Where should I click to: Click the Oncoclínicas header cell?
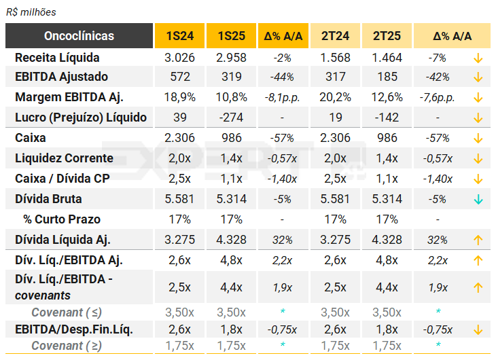pyautogui.click(x=79, y=35)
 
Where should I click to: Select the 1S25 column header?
pyautogui.click(x=231, y=35)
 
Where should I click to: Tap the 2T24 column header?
pyautogui.click(x=336, y=35)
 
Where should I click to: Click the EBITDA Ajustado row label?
pyautogui.click(x=61, y=77)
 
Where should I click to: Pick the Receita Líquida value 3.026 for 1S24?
pyautogui.click(x=178, y=58)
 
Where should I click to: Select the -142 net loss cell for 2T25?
pyautogui.click(x=387, y=118)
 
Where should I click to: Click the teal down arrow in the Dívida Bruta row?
pyautogui.click(x=478, y=199)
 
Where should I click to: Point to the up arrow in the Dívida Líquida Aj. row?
pyautogui.click(x=478, y=240)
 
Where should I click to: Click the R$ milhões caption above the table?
pyautogui.click(x=31, y=12)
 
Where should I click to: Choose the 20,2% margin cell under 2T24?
pyautogui.click(x=336, y=97)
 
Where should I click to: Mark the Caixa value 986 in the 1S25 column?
pyautogui.click(x=231, y=138)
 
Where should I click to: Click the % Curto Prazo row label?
pyautogui.click(x=62, y=219)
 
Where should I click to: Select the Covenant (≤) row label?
pyautogui.click(x=67, y=312)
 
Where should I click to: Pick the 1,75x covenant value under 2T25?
pyautogui.click(x=387, y=345)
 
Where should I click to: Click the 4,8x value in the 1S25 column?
pyautogui.click(x=231, y=260)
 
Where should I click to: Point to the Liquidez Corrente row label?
pyautogui.click(x=64, y=158)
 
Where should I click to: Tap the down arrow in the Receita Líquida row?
pyautogui.click(x=478, y=58)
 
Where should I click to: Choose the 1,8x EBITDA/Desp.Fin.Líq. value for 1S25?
pyautogui.click(x=231, y=329)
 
